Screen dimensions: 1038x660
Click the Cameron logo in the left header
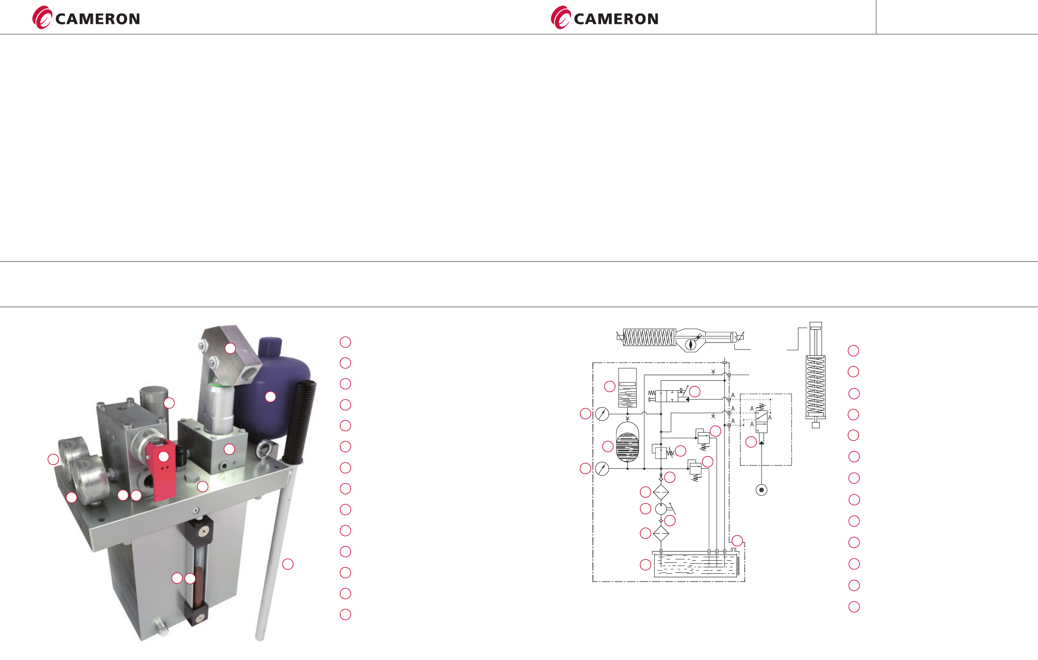pyautogui.click(x=86, y=18)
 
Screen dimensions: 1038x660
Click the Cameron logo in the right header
pyautogui.click(x=605, y=18)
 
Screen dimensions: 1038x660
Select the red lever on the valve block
pyautogui.click(x=162, y=466)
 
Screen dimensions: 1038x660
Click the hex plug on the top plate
pyautogui.click(x=190, y=477)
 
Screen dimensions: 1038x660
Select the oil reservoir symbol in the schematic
pyautogui.click(x=696, y=564)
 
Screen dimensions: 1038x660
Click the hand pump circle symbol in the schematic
pyautogui.click(x=661, y=508)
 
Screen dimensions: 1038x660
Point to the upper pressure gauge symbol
pyautogui.click(x=602, y=414)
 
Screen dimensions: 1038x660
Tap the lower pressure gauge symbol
pyautogui.click(x=602, y=469)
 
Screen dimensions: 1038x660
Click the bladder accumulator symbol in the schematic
pyautogui.click(x=627, y=443)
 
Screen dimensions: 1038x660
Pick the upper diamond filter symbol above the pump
pyautogui.click(x=661, y=492)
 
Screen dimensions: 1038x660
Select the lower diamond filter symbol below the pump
pyautogui.click(x=661, y=533)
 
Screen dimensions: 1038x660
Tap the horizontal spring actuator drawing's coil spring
pyautogui.click(x=649, y=337)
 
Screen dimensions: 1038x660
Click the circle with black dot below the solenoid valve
pyautogui.click(x=761, y=490)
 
